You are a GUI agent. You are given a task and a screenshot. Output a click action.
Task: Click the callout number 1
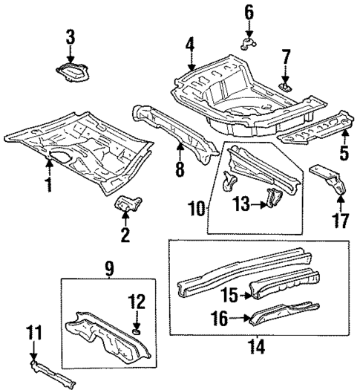tap(48, 182)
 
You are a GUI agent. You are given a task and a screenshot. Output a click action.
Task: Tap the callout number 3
tap(71, 36)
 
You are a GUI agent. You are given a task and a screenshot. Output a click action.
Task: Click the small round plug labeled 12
tap(135, 329)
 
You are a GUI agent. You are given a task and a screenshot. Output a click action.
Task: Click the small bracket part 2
tap(127, 204)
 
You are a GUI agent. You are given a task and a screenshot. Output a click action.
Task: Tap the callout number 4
tap(190, 45)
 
